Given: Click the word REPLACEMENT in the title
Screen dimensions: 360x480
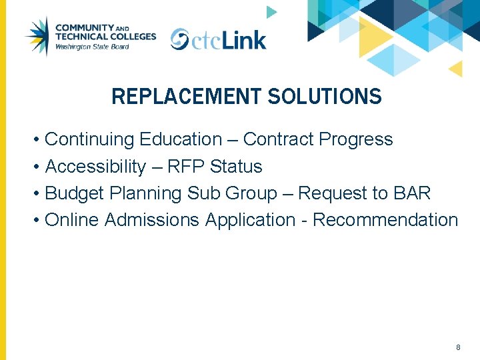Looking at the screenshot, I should pos(186,97).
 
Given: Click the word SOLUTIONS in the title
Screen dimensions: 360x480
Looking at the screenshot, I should pos(325,97).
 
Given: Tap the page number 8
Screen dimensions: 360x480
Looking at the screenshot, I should pos(458,347).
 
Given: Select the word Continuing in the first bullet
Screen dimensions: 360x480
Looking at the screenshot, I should pos(89,140).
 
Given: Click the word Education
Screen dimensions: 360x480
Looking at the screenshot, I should pos(181,139).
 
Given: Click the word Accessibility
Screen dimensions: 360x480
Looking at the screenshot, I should pos(95,167).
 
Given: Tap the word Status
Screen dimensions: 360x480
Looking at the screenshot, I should pos(236,167).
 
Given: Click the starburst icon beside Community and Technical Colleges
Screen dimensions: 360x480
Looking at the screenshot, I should pos(37,36).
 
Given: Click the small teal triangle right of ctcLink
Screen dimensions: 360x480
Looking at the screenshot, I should pos(271,12).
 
